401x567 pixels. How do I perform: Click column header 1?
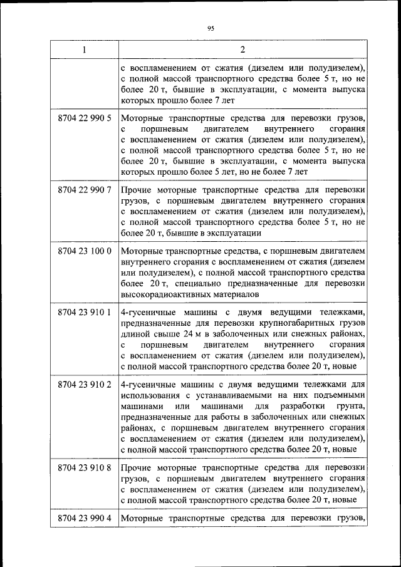(x=84, y=49)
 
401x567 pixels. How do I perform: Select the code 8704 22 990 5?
(x=84, y=118)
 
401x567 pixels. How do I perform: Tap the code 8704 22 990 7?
(x=84, y=189)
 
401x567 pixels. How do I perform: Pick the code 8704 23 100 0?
(x=84, y=251)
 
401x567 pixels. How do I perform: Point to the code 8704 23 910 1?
(x=84, y=311)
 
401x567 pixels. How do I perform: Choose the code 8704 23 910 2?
(x=84, y=384)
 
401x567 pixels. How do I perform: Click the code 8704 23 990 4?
(x=84, y=518)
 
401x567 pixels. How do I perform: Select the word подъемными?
(x=339, y=395)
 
